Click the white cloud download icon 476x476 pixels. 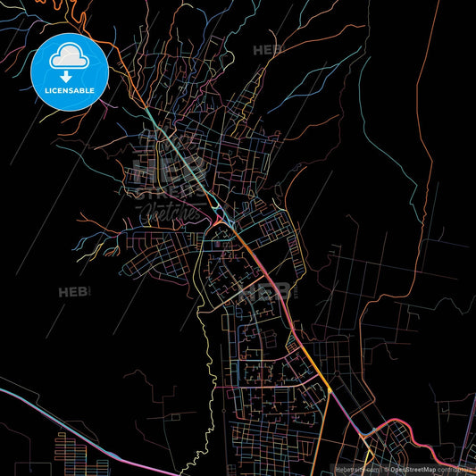click(69, 59)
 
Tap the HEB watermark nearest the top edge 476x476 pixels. click(266, 50)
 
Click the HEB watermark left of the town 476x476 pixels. click(71, 292)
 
